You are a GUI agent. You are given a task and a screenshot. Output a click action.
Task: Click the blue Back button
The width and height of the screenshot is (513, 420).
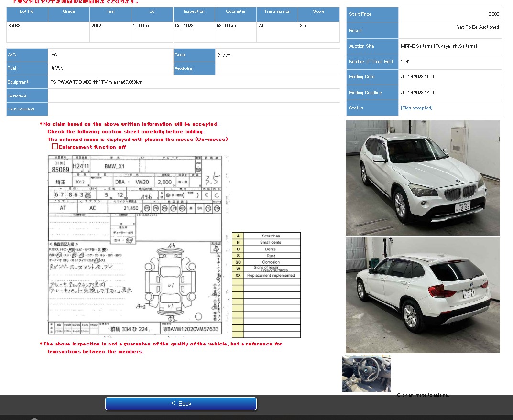(x=181, y=403)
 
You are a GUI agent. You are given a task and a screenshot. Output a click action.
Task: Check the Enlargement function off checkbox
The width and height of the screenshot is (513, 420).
(x=55, y=147)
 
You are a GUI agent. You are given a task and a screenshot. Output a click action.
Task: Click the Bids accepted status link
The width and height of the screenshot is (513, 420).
(x=416, y=108)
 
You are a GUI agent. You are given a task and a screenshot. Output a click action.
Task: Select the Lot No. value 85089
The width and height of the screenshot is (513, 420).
(x=14, y=26)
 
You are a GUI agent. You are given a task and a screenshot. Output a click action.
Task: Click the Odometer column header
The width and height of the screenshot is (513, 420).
(x=236, y=11)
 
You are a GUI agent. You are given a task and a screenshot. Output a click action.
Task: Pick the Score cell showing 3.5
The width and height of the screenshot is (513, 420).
(x=303, y=26)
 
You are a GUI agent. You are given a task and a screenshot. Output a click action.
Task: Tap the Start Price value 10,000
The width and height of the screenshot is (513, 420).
(x=492, y=14)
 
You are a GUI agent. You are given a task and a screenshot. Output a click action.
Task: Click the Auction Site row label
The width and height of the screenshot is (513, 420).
(x=362, y=46)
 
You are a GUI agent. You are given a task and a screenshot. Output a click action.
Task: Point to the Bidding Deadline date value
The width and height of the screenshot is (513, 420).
(x=418, y=93)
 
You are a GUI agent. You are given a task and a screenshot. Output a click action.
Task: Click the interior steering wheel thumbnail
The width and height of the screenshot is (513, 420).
(x=366, y=374)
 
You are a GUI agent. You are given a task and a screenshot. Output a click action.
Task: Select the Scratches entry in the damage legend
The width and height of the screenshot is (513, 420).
(x=271, y=236)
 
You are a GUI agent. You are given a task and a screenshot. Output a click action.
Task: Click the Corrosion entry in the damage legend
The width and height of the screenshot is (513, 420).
(x=271, y=262)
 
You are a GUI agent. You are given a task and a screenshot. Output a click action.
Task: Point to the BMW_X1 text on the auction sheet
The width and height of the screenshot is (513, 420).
(x=114, y=166)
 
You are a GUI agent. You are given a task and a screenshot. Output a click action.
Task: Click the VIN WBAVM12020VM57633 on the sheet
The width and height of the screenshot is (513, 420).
(x=191, y=329)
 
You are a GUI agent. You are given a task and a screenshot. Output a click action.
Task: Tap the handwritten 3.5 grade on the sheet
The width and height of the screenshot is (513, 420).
(x=211, y=180)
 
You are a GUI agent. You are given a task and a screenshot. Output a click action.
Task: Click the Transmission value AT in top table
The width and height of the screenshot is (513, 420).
(x=261, y=26)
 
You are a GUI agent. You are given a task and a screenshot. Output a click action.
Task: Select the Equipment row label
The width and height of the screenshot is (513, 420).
(x=18, y=82)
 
